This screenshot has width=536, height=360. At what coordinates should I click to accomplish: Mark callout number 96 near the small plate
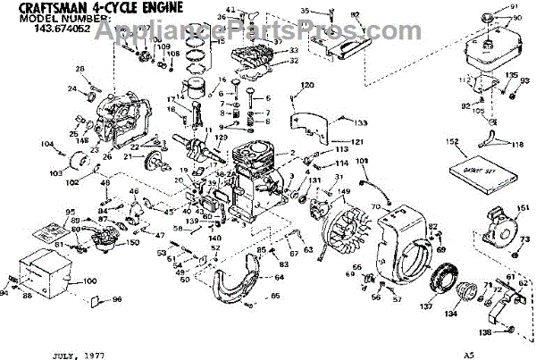pyautogui.click(x=115, y=299)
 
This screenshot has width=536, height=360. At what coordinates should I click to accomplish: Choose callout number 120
pyautogui.click(x=307, y=85)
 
